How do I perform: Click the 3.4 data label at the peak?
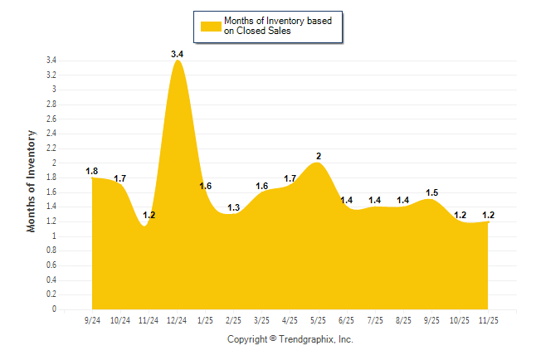click(x=177, y=54)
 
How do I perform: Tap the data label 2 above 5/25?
click(x=319, y=156)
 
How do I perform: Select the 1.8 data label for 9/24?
click(x=92, y=171)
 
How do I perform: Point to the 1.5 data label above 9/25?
click(x=431, y=192)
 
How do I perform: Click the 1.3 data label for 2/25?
click(x=234, y=207)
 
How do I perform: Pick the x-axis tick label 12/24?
click(x=177, y=319)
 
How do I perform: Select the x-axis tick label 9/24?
click(x=92, y=319)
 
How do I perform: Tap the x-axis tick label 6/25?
click(x=347, y=319)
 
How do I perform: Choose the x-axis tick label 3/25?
click(x=262, y=319)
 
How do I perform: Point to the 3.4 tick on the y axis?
click(x=51, y=61)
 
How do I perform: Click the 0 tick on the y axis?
click(x=54, y=309)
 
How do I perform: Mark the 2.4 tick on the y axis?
click(x=51, y=134)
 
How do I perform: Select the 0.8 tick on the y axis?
click(x=51, y=251)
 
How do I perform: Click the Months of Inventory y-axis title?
click(x=32, y=181)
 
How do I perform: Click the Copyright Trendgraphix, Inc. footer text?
click(x=290, y=339)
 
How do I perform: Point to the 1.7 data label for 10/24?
click(x=120, y=178)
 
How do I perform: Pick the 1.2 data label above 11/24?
click(x=149, y=215)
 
